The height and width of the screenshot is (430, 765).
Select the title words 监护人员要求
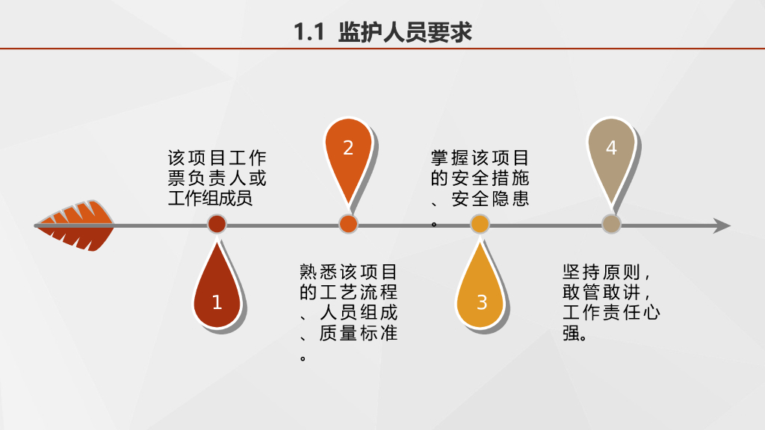[405, 33]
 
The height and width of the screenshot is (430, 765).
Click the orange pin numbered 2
[348, 153]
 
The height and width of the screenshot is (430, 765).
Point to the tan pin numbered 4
[611, 153]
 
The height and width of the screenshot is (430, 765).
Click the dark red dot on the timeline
[217, 224]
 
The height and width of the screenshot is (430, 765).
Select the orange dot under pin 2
[348, 224]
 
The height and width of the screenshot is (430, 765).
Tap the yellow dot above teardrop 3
[480, 224]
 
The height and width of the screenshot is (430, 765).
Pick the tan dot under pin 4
[611, 224]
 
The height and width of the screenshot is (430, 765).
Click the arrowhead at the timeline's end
[722, 225]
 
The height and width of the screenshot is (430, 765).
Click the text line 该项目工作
[217, 158]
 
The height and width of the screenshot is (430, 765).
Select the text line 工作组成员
[210, 199]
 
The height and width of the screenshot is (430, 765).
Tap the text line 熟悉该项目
[348, 271]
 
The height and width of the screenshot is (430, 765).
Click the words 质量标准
[358, 333]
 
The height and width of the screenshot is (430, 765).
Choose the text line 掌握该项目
[480, 158]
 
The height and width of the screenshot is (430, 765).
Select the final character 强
[571, 333]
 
